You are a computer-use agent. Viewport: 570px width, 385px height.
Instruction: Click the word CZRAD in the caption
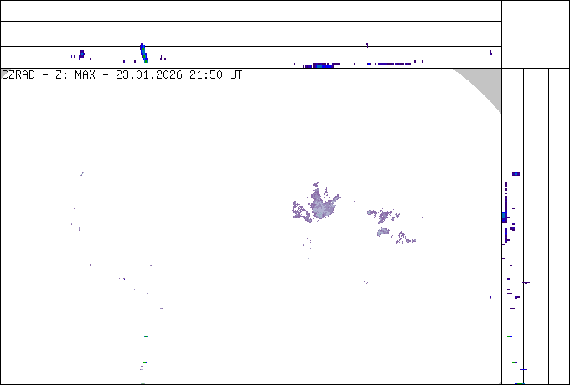(18, 75)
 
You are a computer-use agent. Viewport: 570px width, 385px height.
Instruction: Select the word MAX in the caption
(85, 75)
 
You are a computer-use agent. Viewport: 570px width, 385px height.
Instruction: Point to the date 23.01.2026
(149, 75)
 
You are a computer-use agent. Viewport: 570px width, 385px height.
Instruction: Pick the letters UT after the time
(236, 75)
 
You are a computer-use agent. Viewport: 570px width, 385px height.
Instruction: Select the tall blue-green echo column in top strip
(143, 53)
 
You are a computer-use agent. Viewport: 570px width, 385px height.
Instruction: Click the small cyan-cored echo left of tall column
(82, 54)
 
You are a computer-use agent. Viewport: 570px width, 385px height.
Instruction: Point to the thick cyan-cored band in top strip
(323, 65)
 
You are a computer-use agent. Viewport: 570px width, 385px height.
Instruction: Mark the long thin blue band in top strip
(389, 64)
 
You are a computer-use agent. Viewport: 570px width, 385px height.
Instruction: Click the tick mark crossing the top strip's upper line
(366, 44)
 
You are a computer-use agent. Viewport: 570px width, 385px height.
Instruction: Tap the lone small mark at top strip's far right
(491, 53)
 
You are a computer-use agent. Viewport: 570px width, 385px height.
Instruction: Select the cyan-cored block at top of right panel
(516, 174)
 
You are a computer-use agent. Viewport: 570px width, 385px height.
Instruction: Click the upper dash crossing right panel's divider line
(526, 282)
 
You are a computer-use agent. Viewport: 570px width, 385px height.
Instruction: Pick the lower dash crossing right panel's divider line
(523, 369)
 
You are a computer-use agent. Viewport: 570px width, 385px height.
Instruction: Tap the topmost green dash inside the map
(146, 336)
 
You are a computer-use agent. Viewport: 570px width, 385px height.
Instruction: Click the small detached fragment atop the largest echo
(315, 185)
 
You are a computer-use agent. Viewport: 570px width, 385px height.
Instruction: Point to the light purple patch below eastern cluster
(383, 232)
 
